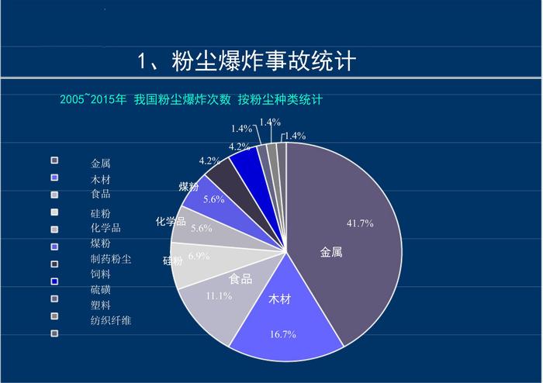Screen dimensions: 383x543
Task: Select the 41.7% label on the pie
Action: pos(360,223)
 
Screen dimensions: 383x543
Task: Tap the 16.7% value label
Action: pos(283,334)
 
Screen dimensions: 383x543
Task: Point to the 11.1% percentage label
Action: pos(219,296)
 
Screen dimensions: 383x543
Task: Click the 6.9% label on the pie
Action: pos(199,257)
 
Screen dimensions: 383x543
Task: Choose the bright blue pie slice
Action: pos(248,161)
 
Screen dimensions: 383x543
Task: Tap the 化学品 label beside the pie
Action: pos(171,222)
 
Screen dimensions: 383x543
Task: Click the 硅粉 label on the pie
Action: pos(172,261)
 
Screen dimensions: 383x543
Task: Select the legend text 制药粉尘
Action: pos(111,259)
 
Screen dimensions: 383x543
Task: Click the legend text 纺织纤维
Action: pos(111,320)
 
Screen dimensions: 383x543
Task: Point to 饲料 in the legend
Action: pos(101,274)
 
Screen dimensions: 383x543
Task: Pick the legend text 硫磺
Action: pos(101,290)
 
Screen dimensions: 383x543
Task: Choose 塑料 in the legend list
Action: pos(101,305)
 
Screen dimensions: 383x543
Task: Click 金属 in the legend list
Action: pos(101,164)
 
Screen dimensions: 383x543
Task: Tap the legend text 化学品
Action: pos(105,228)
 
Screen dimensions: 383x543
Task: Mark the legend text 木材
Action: pos(101,179)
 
